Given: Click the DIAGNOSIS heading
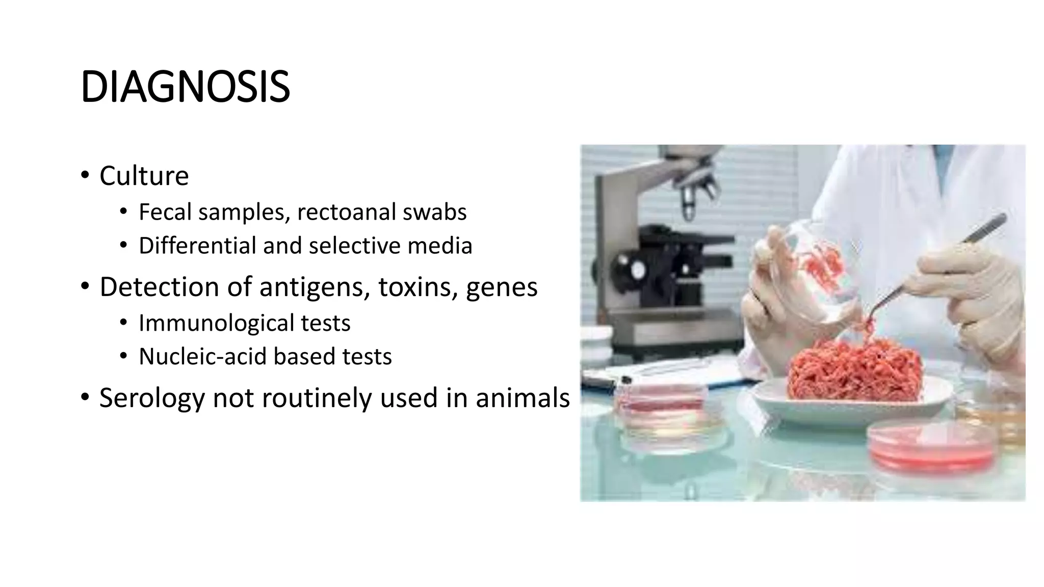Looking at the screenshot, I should click(x=185, y=87).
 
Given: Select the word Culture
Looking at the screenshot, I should click(x=144, y=176).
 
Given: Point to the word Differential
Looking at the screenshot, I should click(x=197, y=246).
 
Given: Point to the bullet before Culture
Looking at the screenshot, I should click(x=85, y=176).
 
